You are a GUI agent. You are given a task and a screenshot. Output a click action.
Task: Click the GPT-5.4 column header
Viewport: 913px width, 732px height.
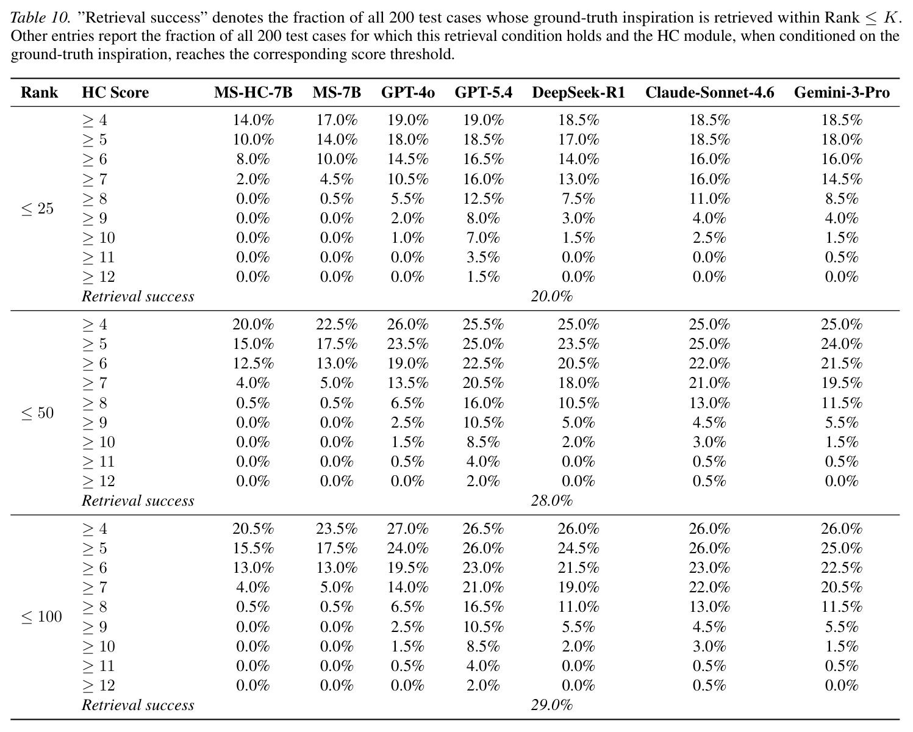click(483, 93)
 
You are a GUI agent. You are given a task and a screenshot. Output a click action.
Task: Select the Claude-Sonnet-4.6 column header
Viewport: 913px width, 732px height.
click(709, 93)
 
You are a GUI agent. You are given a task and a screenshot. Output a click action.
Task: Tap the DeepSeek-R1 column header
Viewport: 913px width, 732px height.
click(578, 93)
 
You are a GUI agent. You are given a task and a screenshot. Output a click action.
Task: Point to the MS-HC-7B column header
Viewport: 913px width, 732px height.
click(253, 93)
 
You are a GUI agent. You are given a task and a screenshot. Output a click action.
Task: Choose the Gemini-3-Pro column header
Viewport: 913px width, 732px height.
click(842, 93)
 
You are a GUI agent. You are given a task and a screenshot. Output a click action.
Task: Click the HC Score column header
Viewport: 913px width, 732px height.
click(115, 93)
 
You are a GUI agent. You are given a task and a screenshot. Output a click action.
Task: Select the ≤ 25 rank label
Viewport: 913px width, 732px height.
click(38, 209)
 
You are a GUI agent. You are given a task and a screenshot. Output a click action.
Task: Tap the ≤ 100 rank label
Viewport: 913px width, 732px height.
click(41, 617)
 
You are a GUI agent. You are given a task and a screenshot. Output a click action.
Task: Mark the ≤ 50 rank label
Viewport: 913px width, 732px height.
click(38, 413)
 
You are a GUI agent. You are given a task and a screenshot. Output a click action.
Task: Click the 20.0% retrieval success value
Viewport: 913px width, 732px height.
click(551, 296)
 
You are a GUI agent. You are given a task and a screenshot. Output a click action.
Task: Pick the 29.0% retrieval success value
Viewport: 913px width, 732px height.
click(551, 705)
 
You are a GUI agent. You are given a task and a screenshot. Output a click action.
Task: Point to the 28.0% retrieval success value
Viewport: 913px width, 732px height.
click(551, 501)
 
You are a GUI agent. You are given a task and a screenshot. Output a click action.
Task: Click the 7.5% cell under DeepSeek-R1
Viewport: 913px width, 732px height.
click(578, 199)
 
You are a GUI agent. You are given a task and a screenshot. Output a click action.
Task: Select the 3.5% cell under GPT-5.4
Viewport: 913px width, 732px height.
click(483, 257)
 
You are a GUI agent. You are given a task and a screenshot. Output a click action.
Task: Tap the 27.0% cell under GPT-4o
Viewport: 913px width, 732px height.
click(408, 529)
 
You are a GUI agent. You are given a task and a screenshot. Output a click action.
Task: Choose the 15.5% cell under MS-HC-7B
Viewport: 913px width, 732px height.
click(253, 548)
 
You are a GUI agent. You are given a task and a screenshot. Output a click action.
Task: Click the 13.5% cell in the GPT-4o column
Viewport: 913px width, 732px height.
click(408, 383)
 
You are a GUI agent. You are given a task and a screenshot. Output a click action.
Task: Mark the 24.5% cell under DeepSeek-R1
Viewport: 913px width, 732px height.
click(578, 548)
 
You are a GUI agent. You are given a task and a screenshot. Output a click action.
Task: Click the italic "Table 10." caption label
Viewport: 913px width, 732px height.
click(40, 18)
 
